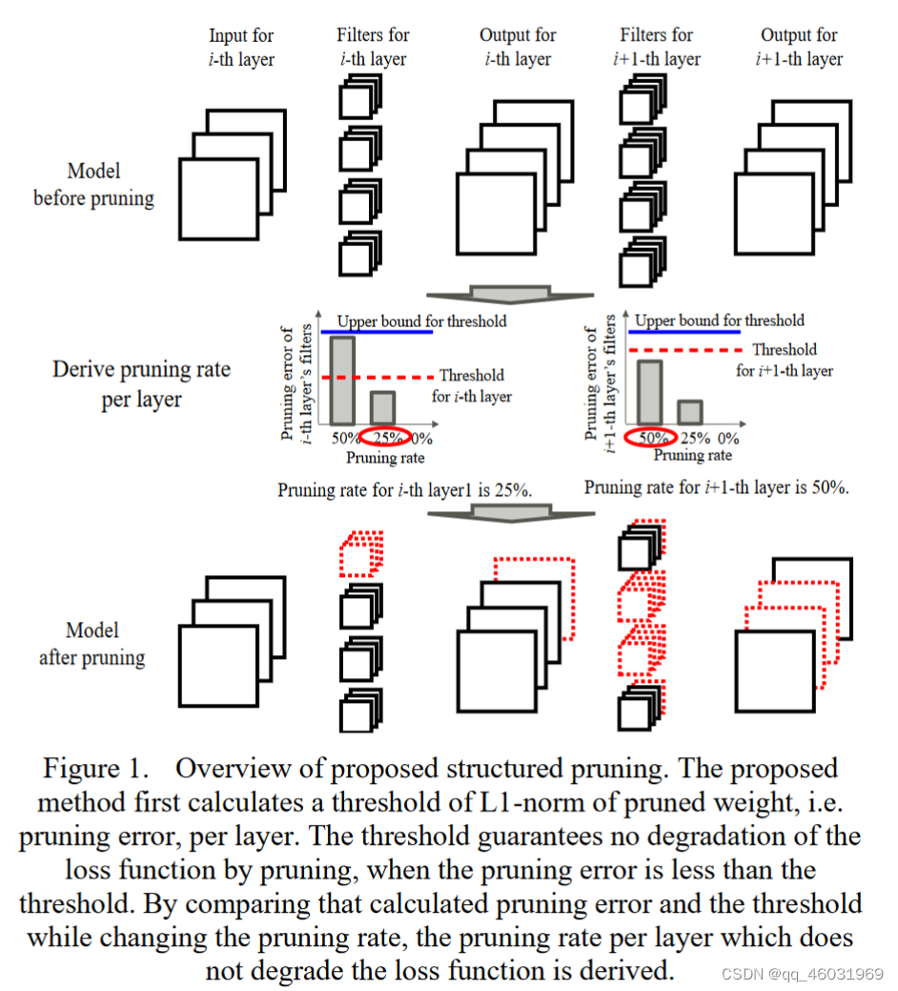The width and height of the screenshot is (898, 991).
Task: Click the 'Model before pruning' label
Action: click(x=93, y=185)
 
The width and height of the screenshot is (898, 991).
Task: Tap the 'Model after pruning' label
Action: click(x=92, y=644)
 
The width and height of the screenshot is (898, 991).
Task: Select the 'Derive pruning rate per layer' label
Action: click(x=141, y=383)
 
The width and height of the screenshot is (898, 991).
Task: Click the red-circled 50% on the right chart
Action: click(x=652, y=438)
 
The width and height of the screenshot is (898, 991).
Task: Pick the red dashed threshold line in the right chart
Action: click(x=686, y=350)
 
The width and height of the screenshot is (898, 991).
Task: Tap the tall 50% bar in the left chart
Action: click(x=342, y=381)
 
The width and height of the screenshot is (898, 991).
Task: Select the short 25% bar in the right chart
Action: click(x=690, y=410)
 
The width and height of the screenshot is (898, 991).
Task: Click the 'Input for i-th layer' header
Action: click(x=241, y=48)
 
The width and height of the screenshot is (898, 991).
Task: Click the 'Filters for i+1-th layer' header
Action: click(x=656, y=47)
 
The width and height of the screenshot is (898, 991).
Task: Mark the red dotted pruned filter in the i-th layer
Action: click(x=360, y=553)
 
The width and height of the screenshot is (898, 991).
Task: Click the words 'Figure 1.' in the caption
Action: click(x=95, y=769)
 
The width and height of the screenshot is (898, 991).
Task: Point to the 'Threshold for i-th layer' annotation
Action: click(x=471, y=385)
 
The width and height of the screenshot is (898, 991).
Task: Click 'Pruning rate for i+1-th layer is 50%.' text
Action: click(x=716, y=487)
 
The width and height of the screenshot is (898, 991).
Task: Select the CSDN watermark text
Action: click(x=801, y=974)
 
